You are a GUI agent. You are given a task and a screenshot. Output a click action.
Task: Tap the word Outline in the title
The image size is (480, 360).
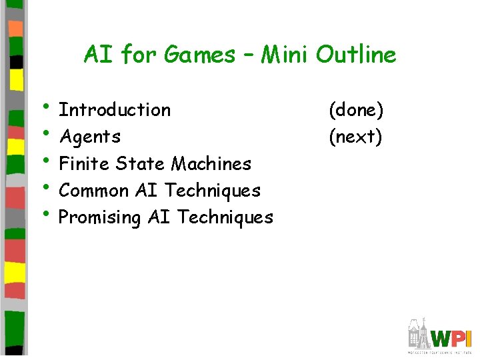(x=356, y=55)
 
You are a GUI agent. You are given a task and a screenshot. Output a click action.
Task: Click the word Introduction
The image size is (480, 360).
(x=115, y=109)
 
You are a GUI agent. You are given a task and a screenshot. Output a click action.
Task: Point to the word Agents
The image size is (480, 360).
(x=90, y=137)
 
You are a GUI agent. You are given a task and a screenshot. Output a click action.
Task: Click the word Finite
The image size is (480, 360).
(x=85, y=163)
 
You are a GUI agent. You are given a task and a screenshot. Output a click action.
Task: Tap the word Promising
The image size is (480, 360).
(x=100, y=217)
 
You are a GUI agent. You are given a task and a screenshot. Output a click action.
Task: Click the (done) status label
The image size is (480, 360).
(x=355, y=109)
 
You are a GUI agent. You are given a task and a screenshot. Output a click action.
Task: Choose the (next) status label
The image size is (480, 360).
(x=355, y=137)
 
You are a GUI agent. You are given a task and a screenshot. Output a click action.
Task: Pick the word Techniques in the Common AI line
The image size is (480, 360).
(x=213, y=191)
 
